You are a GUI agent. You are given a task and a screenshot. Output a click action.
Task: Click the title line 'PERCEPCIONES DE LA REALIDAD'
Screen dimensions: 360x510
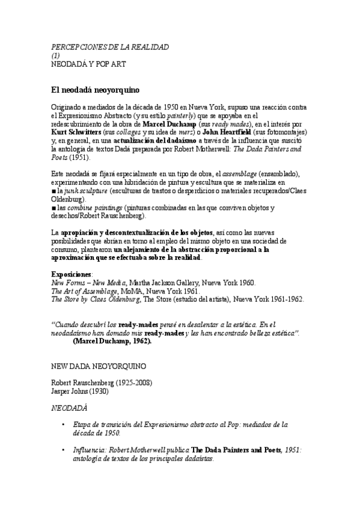pyautogui.click(x=110, y=46)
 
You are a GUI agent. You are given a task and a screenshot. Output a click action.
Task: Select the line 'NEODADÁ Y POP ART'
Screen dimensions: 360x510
pyautogui.click(x=88, y=63)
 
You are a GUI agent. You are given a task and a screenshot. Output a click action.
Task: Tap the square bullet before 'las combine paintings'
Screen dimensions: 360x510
pyautogui.click(x=53, y=208)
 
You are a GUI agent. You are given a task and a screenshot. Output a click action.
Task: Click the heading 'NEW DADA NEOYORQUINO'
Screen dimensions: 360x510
pyautogui.click(x=99, y=366)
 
